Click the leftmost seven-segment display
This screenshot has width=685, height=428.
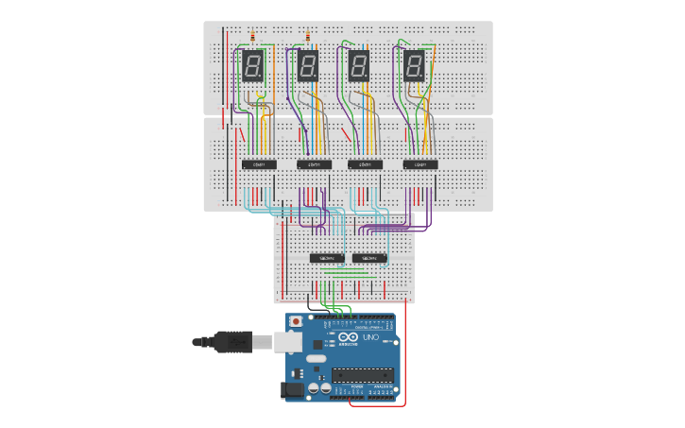[x=253, y=66]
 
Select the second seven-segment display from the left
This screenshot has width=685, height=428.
[x=308, y=66]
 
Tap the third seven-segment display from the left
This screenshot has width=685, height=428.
[x=359, y=66]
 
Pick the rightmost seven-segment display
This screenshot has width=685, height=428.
[x=414, y=66]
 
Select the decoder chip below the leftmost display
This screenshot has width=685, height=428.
[x=259, y=164]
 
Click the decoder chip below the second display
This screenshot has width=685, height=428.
[x=314, y=164]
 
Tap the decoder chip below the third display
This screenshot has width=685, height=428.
[x=365, y=164]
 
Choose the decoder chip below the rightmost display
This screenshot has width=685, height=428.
[x=420, y=164]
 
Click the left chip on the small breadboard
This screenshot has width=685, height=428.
[x=327, y=258]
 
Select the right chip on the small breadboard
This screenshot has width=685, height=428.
[x=369, y=258]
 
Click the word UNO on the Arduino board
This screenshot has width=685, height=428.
[x=373, y=338]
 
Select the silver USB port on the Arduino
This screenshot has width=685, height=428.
[x=288, y=341]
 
